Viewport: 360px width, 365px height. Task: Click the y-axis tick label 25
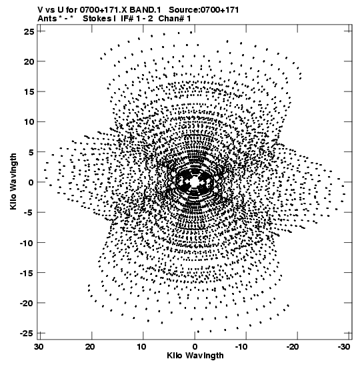pyautogui.click(x=29, y=31)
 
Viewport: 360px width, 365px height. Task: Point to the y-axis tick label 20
pyautogui.click(x=29, y=61)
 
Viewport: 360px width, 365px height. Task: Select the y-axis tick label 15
pyautogui.click(x=29, y=91)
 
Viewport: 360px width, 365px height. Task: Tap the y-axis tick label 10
pyautogui.click(x=29, y=121)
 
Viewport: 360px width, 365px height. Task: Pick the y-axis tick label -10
pyautogui.click(x=27, y=243)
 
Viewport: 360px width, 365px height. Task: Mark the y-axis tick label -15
pyautogui.click(x=27, y=273)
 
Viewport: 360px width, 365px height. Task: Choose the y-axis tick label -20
pyautogui.click(x=27, y=303)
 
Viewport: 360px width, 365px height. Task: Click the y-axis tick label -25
pyautogui.click(x=27, y=334)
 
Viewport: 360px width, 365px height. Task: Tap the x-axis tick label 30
pyautogui.click(x=39, y=347)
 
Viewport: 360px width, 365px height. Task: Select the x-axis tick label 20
pyautogui.click(x=90, y=347)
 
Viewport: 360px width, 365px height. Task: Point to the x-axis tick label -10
pyautogui.click(x=241, y=347)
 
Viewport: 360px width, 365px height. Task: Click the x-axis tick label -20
pyautogui.click(x=293, y=347)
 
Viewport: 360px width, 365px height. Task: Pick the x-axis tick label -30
pyautogui.click(x=344, y=347)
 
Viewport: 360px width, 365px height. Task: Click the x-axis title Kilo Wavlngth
pyautogui.click(x=195, y=356)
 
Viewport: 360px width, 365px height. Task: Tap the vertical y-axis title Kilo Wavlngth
pyautogui.click(x=13, y=181)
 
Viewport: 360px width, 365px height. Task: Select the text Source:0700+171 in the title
pyautogui.click(x=204, y=10)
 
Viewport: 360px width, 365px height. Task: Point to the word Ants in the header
pyautogui.click(x=47, y=19)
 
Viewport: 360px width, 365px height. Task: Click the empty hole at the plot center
pyautogui.click(x=195, y=181)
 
